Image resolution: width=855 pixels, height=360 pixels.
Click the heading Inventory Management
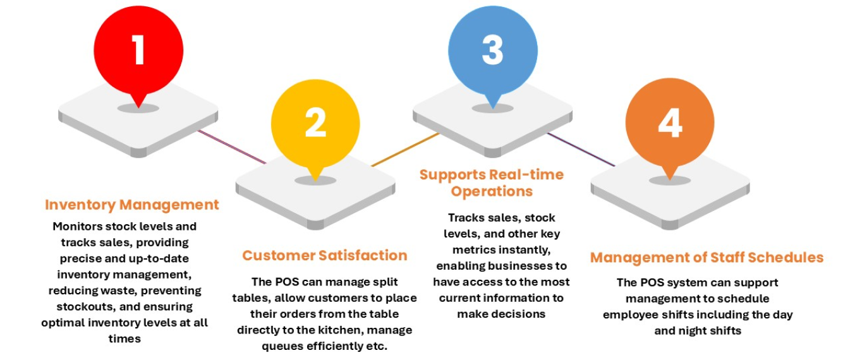tap(132, 205)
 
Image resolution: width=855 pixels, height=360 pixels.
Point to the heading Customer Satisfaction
tap(325, 255)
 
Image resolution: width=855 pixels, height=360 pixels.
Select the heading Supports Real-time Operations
tap(492, 183)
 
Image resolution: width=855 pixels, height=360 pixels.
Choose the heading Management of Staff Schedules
tap(706, 257)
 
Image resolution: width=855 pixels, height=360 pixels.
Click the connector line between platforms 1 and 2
tap(232, 147)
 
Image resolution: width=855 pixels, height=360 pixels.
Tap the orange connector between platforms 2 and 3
tap(404, 150)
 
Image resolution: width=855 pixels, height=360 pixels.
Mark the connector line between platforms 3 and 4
tap(580, 150)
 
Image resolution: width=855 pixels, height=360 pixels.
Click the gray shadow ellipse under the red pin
tap(138, 108)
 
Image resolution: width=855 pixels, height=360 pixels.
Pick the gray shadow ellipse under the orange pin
tap(670, 181)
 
